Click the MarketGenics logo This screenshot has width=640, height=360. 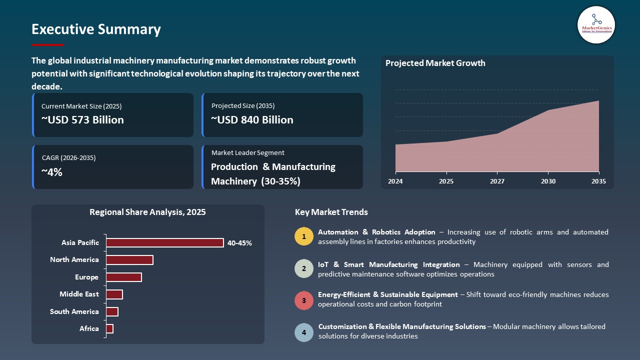pyautogui.click(x=596, y=24)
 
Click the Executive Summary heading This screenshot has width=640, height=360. pyautogui.click(x=96, y=29)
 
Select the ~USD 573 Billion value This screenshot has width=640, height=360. pyautogui.click(x=82, y=120)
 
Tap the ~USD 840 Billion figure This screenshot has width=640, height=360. pyautogui.click(x=252, y=120)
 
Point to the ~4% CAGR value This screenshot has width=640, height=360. pyautogui.click(x=52, y=172)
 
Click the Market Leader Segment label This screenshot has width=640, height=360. pyautogui.click(x=248, y=153)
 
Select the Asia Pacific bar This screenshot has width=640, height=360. pyautogui.click(x=164, y=243)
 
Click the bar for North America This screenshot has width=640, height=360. pyautogui.click(x=129, y=260)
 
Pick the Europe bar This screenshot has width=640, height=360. pyautogui.click(x=124, y=277)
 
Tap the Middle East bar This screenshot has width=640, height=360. pyautogui.click(x=114, y=294)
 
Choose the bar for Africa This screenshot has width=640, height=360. pyautogui.click(x=110, y=329)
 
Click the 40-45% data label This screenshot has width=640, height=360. pyautogui.click(x=239, y=243)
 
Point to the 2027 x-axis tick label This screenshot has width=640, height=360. pyautogui.click(x=497, y=181)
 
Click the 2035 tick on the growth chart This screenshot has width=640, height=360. pyautogui.click(x=598, y=181)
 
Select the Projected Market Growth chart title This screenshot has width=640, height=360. pyautogui.click(x=435, y=63)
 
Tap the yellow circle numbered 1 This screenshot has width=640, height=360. pyautogui.click(x=304, y=236)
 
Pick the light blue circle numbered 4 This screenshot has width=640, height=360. pyautogui.click(x=304, y=332)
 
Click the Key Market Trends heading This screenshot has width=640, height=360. pyautogui.click(x=331, y=212)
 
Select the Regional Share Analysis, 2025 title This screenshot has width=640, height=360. pyautogui.click(x=147, y=212)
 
